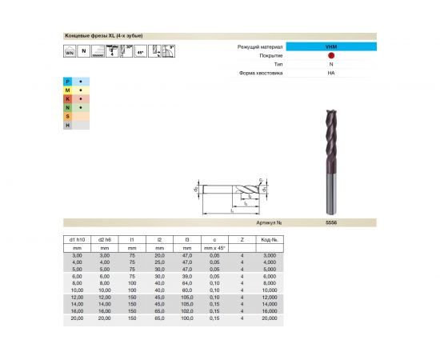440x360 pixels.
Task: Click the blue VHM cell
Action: [x=330, y=48]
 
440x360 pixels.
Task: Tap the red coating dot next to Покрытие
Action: [x=330, y=56]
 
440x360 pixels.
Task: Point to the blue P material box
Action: [x=68, y=82]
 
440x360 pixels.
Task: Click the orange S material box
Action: [x=68, y=117]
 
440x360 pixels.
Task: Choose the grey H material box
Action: [x=68, y=126]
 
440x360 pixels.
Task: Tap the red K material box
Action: [x=68, y=99]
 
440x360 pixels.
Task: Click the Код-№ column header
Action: [x=269, y=239]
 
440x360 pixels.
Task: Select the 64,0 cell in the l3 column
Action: [x=186, y=282]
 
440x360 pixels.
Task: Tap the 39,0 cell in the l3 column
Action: [x=186, y=275]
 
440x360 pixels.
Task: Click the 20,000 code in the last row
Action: [x=269, y=318]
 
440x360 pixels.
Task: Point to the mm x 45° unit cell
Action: [x=212, y=247]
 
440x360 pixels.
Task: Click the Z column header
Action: [x=241, y=239]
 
